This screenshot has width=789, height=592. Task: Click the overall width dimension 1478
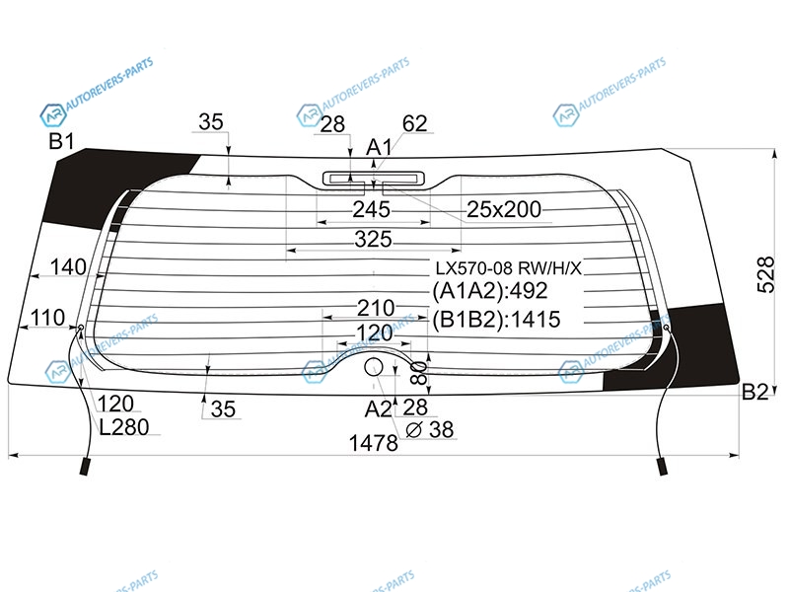pos(374,443)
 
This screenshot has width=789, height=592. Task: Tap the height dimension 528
pos(766,275)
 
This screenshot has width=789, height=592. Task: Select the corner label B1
pos(61,141)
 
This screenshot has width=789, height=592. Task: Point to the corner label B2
pos(755,392)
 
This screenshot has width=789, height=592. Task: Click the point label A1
pos(379,147)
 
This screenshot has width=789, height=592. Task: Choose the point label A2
pos(378,409)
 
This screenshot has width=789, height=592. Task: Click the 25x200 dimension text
pos(504,209)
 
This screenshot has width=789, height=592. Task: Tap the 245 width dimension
pos(372,209)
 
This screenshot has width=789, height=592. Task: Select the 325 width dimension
pos(373,239)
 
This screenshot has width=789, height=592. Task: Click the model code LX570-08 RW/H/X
pos(508,268)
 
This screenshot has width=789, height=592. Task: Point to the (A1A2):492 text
pos(489,291)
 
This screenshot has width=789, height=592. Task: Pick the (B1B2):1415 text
pos(496,320)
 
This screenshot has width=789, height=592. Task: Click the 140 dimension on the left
pos(68,266)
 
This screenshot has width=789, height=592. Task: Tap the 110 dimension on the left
pos(47,318)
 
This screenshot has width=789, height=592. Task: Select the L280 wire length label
pos(124,427)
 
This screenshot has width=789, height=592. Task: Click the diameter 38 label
pos(430,430)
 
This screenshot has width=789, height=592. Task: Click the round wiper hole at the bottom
pos(374,367)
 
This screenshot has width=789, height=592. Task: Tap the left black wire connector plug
pos(85,466)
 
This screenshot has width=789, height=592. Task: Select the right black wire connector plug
pos(663,466)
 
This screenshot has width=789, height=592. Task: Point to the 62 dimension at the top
pos(414,124)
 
